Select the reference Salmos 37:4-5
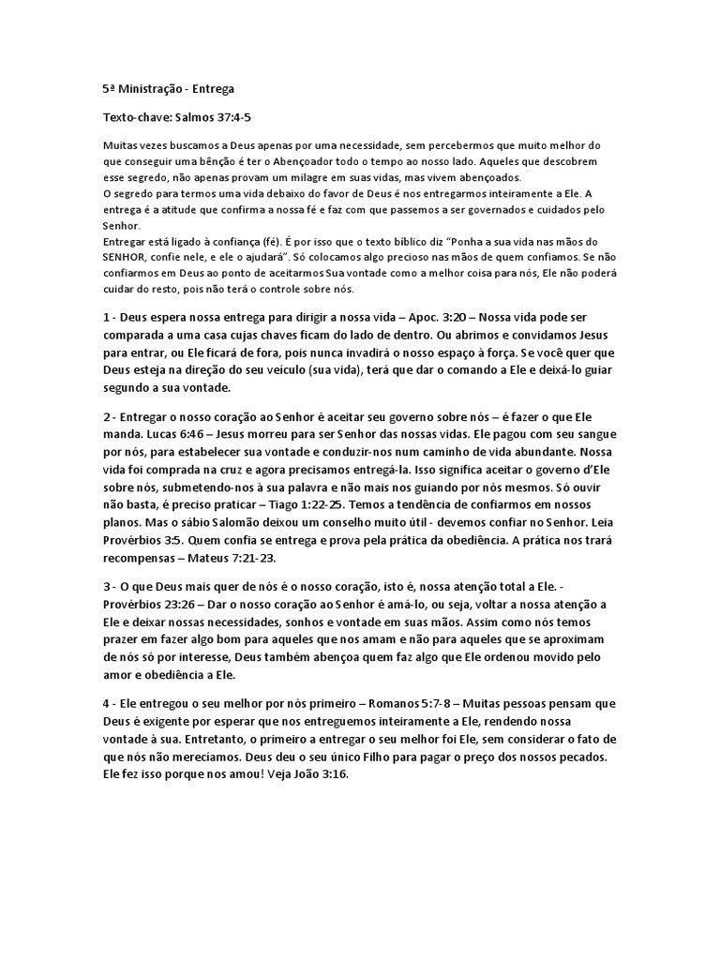213,120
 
